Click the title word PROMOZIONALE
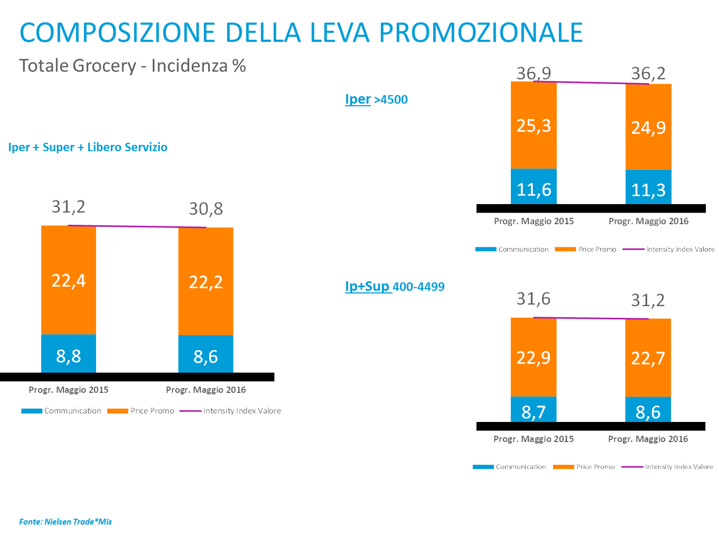(x=481, y=32)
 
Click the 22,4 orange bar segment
(x=69, y=280)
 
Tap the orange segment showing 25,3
(x=534, y=126)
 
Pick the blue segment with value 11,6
(x=534, y=188)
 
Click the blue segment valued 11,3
(x=648, y=188)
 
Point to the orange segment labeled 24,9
(x=648, y=127)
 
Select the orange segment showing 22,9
(x=534, y=357)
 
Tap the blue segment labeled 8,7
(x=534, y=410)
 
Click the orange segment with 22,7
(x=648, y=359)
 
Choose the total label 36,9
(x=534, y=73)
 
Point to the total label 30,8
(x=206, y=209)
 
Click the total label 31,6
(x=534, y=299)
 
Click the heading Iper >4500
(x=376, y=99)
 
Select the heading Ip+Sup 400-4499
(x=395, y=287)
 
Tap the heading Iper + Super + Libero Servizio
(x=88, y=147)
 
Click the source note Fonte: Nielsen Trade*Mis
(x=66, y=521)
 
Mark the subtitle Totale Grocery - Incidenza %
(x=133, y=66)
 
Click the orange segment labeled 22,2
(x=206, y=281)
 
